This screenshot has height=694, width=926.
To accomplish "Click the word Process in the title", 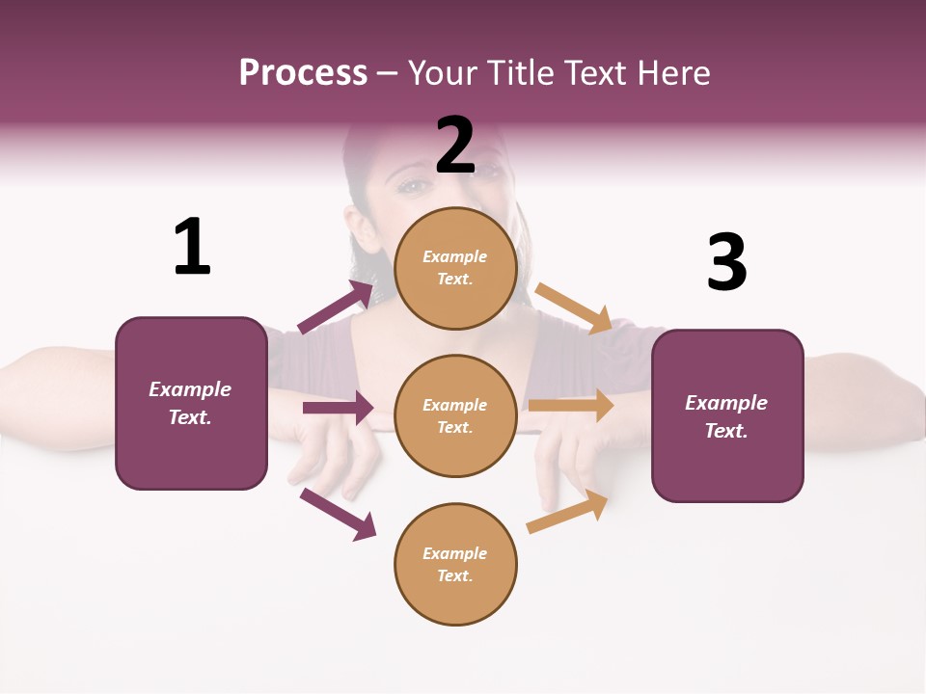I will pos(303,73).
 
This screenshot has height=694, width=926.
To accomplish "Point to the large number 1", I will pos(192,247).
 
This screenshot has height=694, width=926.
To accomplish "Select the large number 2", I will pos(455,146).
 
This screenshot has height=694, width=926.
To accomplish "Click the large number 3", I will pos(726,262).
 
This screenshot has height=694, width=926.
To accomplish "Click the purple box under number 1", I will pos(191,403).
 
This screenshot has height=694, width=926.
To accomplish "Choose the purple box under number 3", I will pos(727,416).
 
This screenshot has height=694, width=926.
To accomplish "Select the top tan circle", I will pos(455,268).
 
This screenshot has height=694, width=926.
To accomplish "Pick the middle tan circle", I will pos(455,416).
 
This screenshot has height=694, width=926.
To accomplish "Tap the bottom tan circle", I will pos(455,565).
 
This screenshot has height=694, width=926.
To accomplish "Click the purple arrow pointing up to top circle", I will pos(337,307).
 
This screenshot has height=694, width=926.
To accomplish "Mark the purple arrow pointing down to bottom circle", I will pos(338,514).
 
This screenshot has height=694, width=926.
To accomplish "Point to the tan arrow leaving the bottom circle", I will pos(568,512).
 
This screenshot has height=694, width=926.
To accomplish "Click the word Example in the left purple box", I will pos(190,389).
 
